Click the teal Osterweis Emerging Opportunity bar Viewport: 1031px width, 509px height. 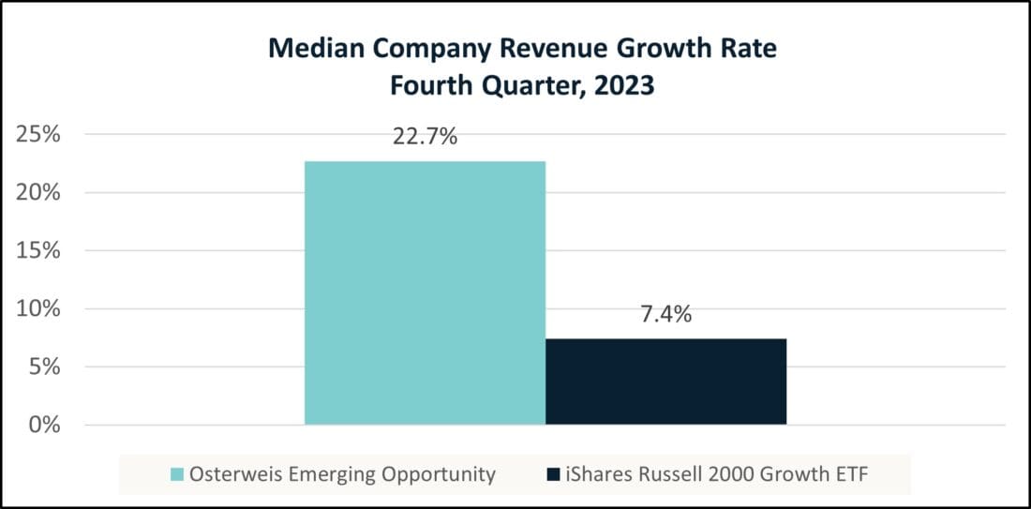point(425,292)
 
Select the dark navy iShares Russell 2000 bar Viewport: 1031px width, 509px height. point(665,382)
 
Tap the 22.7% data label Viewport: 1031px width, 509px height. point(425,137)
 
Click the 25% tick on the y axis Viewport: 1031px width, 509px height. point(39,134)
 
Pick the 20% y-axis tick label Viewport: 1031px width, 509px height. point(39,192)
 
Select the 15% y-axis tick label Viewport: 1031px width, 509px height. point(39,250)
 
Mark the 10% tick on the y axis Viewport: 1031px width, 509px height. point(39,308)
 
